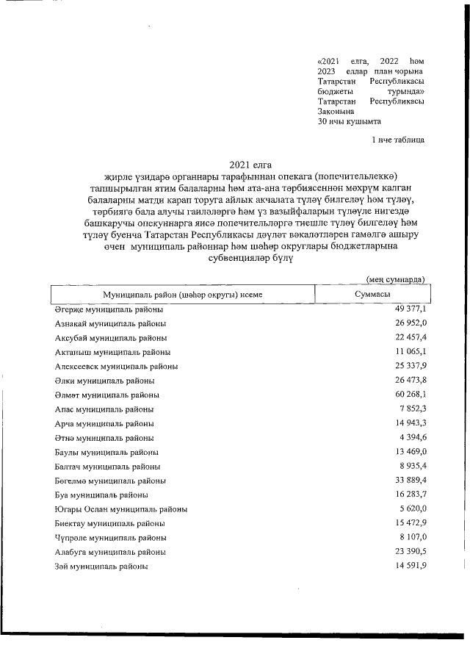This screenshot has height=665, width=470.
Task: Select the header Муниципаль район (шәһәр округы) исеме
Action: tap(183, 295)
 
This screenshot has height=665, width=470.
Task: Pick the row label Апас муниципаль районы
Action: tap(104, 409)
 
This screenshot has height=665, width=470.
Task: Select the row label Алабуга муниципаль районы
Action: tap(111, 551)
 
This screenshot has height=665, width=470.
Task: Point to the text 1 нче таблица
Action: tap(397, 138)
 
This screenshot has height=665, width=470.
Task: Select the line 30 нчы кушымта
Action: tap(349, 122)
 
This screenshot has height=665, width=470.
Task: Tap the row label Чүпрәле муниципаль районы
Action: tap(110, 537)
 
